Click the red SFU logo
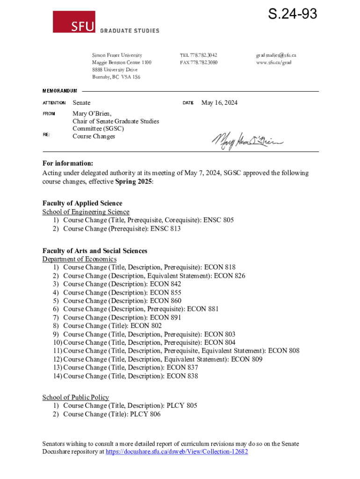pos(74,22)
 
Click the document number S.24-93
pos(292,15)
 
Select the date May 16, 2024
pos(219,102)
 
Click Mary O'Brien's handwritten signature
pos(248,140)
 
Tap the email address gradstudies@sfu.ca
pos(276,55)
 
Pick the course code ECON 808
pos(284,351)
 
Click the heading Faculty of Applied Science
pos(82,203)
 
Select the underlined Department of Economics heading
pos(79,259)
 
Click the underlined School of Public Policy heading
pos(76,397)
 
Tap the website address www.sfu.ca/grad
pos(274,63)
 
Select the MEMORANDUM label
pos(60,91)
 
